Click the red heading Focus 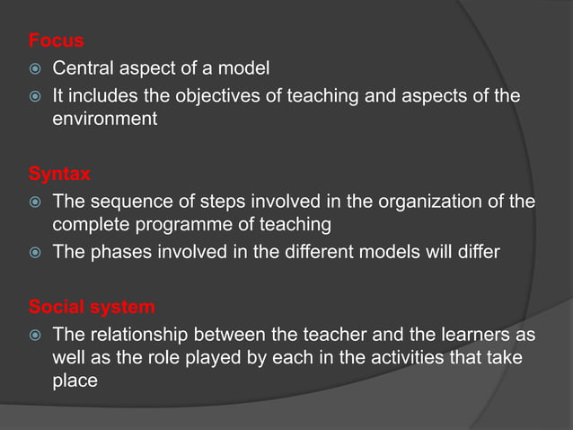56,40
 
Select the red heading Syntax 59,174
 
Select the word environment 105,119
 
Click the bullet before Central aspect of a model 34,68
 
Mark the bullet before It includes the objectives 34,94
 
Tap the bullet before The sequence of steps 34,202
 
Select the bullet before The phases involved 34,253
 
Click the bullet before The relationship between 34,336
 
